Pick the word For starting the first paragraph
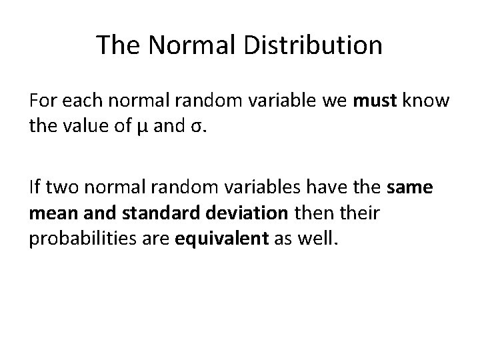click(43, 102)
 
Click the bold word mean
click(53, 212)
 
